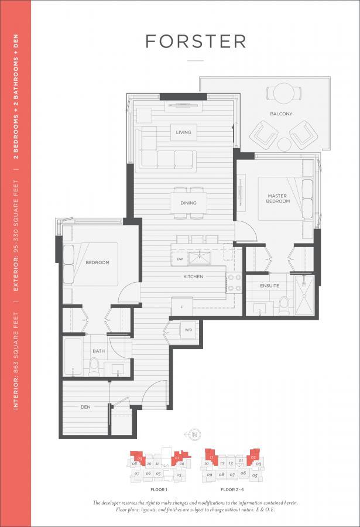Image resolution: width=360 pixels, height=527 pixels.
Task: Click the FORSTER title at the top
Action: coord(196,42)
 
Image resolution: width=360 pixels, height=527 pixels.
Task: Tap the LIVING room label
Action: coord(183,133)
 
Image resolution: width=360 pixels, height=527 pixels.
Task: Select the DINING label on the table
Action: coord(188,203)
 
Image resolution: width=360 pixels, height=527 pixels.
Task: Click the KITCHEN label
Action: coord(193,276)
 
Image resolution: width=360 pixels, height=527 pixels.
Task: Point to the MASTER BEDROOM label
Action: coord(279,199)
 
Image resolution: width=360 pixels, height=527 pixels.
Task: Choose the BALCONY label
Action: coord(281,114)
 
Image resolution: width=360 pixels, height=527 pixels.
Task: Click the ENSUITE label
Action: coord(270,286)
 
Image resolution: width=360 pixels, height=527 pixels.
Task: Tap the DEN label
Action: coord(86,406)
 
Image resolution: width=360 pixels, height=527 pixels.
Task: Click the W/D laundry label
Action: coord(189,330)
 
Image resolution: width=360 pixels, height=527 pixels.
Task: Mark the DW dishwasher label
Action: coord(180,258)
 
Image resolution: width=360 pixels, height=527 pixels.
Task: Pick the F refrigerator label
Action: coord(181,306)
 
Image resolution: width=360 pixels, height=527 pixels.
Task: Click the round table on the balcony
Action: coord(284,93)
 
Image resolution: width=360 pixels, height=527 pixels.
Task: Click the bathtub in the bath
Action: coord(75,356)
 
